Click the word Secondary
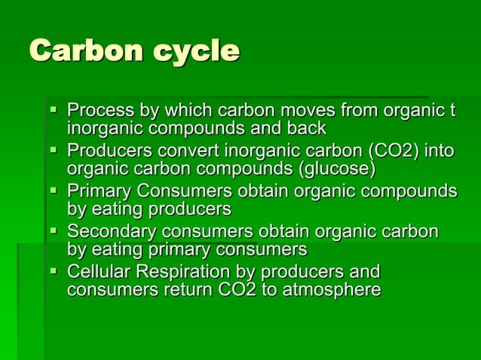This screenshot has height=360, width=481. (x=107, y=231)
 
